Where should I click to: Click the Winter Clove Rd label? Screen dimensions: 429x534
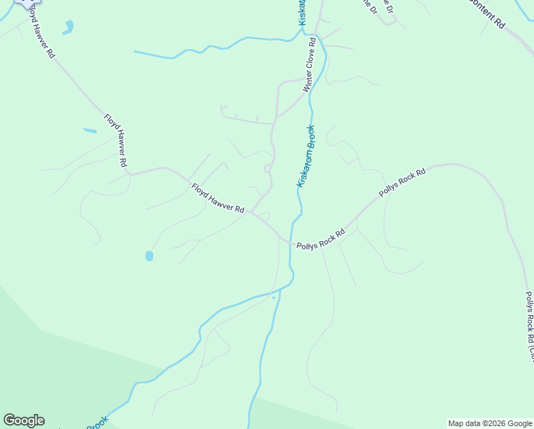tap(309, 66)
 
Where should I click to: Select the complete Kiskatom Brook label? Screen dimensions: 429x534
tap(306, 157)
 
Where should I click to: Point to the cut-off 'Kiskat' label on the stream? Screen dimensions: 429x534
tap(303, 12)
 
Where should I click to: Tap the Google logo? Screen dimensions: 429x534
tap(24, 420)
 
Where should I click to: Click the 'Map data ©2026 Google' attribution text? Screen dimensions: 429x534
tap(490, 423)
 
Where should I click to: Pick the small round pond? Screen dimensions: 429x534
tap(149, 255)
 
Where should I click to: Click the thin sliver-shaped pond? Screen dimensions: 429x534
tap(90, 131)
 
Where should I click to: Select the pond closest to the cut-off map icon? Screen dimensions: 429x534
tap(68, 28)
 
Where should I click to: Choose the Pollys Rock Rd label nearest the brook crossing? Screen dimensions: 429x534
tap(321, 239)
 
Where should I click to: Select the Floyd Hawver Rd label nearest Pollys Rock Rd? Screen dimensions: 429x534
tap(218, 199)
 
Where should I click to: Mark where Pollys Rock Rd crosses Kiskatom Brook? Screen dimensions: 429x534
tap(291, 240)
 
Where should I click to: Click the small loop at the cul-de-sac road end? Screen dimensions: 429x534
tap(268, 169)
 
